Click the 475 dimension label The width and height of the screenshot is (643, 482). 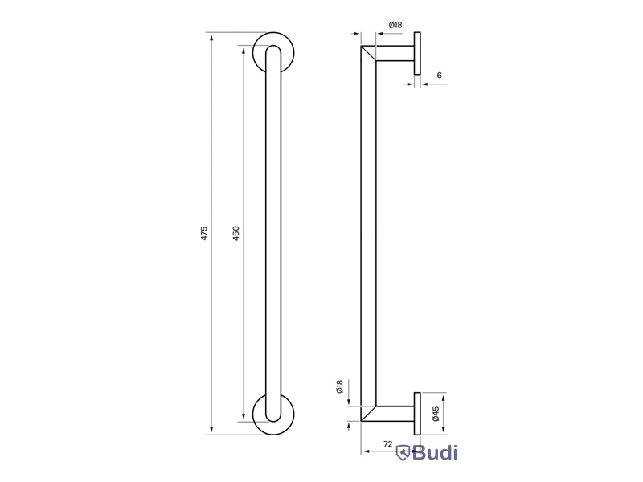coord(204,233)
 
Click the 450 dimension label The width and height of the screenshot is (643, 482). coord(235,233)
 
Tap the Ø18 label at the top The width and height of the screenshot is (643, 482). coord(395,25)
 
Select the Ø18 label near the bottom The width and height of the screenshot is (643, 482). coord(339,386)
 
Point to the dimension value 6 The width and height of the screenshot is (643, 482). coord(439,75)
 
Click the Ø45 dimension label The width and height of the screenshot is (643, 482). coord(436,414)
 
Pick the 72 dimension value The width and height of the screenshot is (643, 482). coord(387,444)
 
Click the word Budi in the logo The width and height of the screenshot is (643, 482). coord(435,453)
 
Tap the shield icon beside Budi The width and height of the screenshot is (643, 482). coord(403,453)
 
